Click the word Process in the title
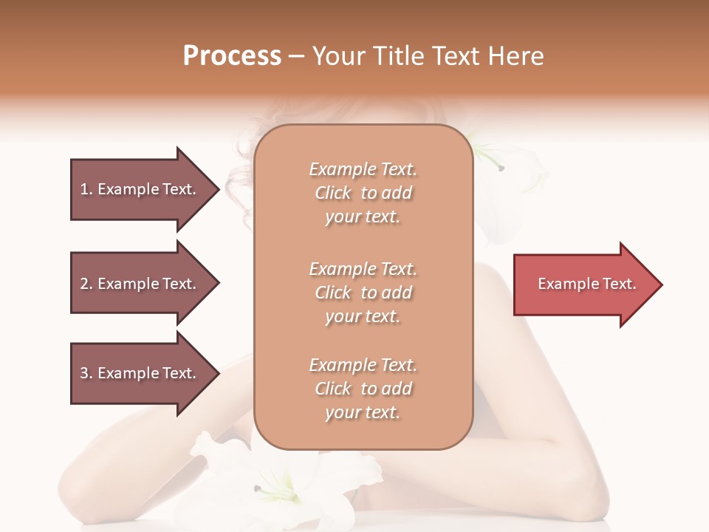(x=232, y=56)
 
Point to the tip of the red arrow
(x=660, y=284)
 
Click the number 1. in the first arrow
(x=86, y=189)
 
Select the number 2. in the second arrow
(x=86, y=284)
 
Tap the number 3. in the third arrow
(x=86, y=373)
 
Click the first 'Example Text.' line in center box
(x=363, y=169)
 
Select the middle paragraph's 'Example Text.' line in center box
(x=363, y=269)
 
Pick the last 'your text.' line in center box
(x=363, y=413)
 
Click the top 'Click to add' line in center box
(x=363, y=193)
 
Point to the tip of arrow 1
(x=218, y=189)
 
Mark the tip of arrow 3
(x=218, y=373)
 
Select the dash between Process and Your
(x=297, y=56)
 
